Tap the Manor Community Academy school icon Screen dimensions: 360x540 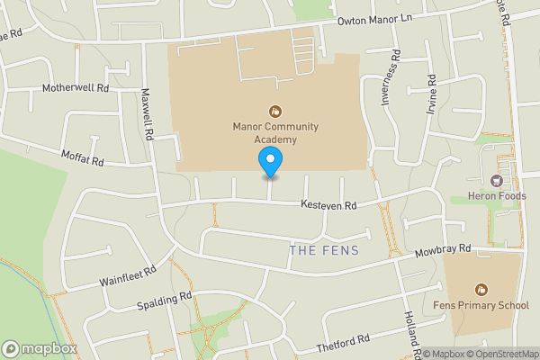(x=275, y=112)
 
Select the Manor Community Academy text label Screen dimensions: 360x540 (x=275, y=133)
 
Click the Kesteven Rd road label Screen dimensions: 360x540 (x=328, y=206)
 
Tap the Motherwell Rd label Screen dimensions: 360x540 (x=76, y=88)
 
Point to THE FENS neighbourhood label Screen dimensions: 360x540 (x=324, y=250)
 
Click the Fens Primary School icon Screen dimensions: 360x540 (x=481, y=290)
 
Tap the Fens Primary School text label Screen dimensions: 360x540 (x=487, y=306)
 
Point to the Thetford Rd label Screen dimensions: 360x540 (x=343, y=344)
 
